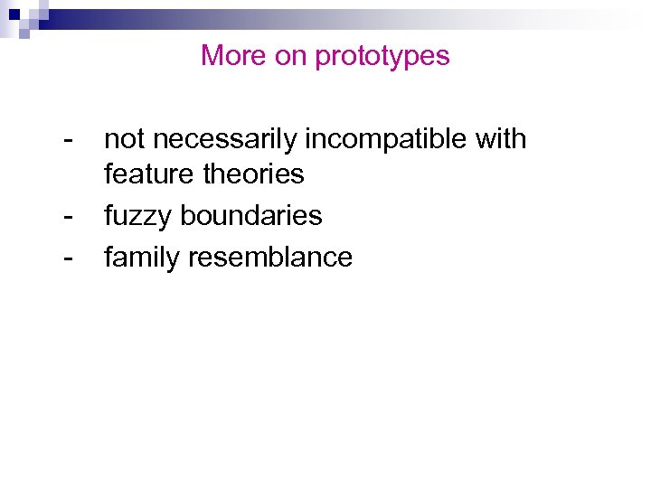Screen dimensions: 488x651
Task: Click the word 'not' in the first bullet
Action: tap(124, 139)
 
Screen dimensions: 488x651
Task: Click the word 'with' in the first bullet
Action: tap(499, 139)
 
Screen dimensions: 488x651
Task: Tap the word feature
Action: tap(149, 174)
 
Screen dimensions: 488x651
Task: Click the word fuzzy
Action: tap(138, 217)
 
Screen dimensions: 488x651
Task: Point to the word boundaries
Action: tap(251, 216)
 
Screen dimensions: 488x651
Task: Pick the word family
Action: tap(143, 258)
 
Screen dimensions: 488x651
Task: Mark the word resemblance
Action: tap(270, 258)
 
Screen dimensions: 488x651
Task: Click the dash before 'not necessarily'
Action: tap(69, 141)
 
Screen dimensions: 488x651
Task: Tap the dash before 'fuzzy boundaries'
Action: tap(69, 217)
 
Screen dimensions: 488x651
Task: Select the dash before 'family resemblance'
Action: tap(69, 258)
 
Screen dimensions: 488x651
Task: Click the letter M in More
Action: tap(211, 56)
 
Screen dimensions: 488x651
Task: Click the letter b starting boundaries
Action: tap(187, 216)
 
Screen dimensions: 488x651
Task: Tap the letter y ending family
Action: tap(175, 261)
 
